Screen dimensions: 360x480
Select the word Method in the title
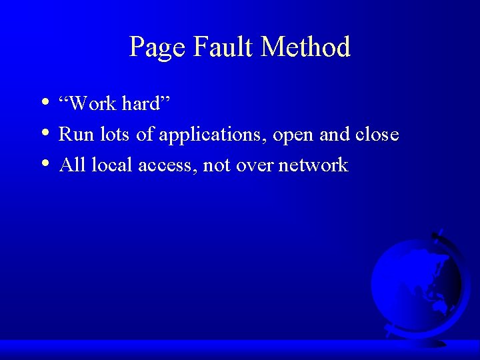point(306,47)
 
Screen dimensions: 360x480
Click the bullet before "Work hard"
point(44,103)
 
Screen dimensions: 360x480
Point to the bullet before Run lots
point(44,133)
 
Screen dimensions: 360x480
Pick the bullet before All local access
point(44,164)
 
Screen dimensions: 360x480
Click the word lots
point(113,135)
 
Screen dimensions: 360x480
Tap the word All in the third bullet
point(72,165)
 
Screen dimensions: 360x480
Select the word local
point(112,165)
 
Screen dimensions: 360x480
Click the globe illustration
point(416,283)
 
